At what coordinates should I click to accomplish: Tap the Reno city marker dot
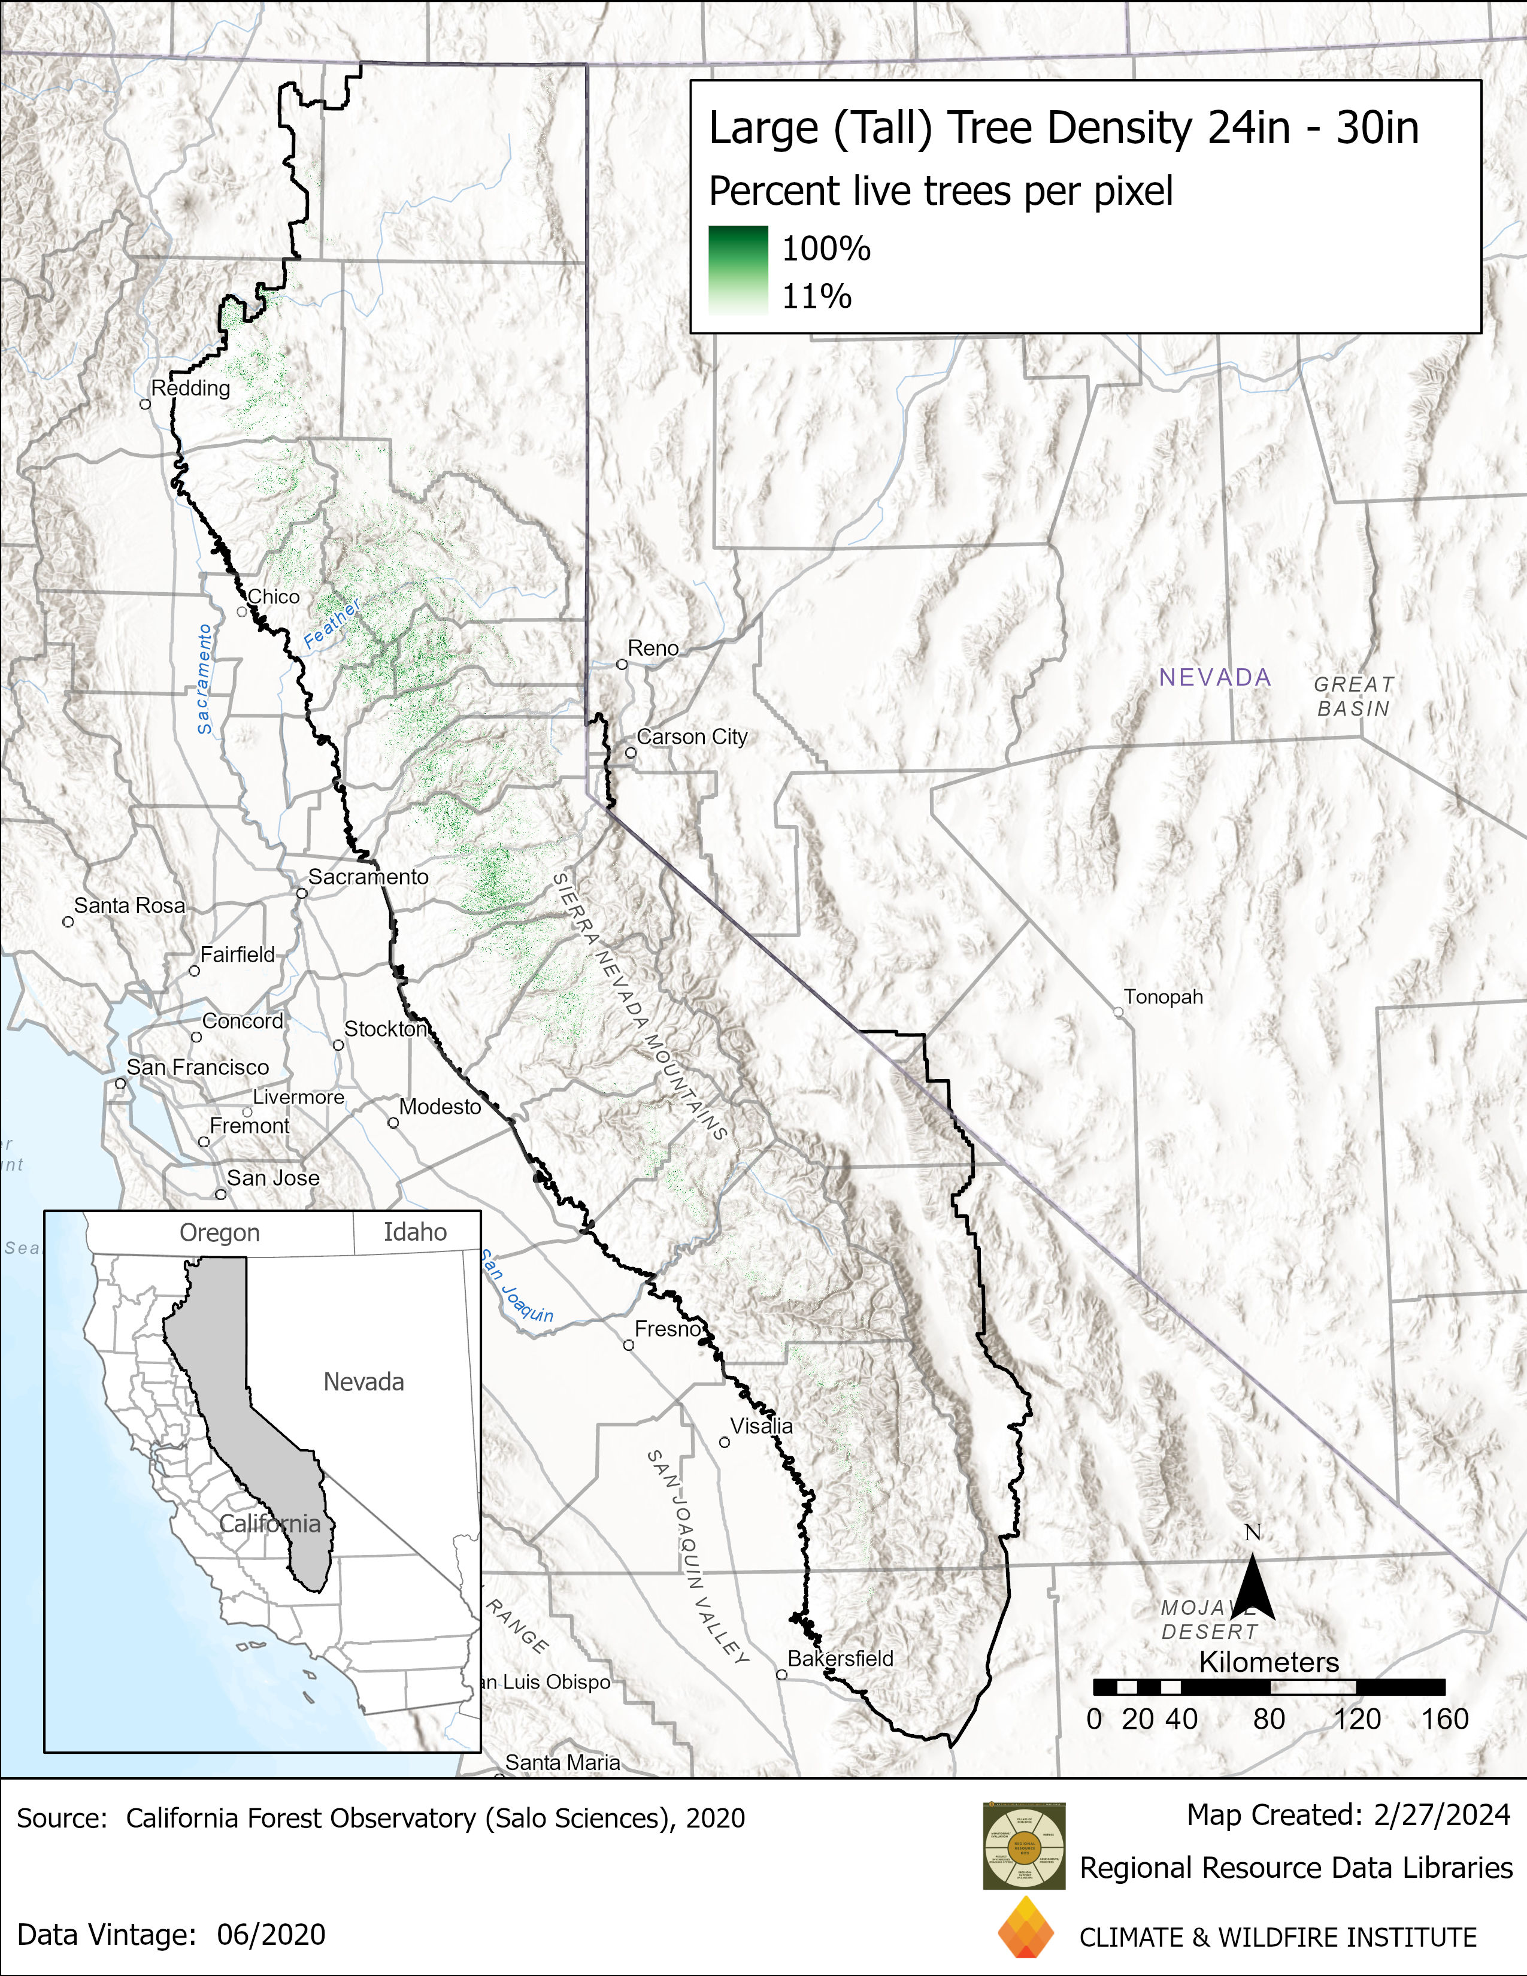click(622, 664)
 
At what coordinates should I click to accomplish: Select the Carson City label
click(692, 737)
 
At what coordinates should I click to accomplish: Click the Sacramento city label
click(368, 877)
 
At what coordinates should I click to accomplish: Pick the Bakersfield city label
click(840, 1659)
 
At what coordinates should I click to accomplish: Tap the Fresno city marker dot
click(629, 1345)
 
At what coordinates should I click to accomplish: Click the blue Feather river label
click(331, 623)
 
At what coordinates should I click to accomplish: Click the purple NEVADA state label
click(1215, 678)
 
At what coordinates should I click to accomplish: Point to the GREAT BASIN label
click(1354, 696)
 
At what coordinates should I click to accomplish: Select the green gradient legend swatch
click(738, 269)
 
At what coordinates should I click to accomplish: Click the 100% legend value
click(826, 249)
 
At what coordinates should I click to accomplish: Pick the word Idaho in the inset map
click(415, 1232)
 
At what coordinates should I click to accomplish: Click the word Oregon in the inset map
click(220, 1233)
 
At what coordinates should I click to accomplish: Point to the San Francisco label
click(197, 1068)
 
